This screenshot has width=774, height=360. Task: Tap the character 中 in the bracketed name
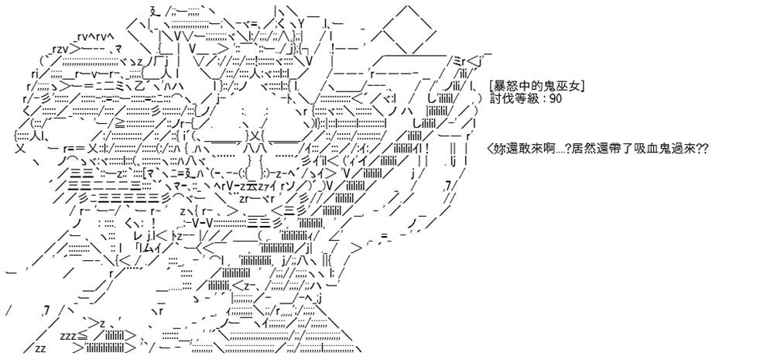[x=527, y=87]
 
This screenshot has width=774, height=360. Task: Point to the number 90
[x=555, y=98]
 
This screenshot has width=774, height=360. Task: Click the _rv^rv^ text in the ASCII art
[x=96, y=37]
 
